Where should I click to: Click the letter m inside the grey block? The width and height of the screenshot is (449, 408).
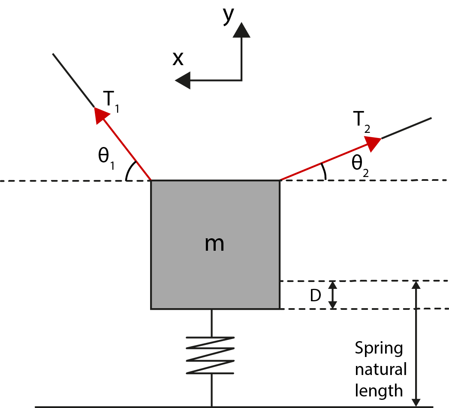(x=214, y=244)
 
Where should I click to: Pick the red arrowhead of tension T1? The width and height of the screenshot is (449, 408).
(x=101, y=115)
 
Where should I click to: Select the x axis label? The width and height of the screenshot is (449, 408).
(x=178, y=59)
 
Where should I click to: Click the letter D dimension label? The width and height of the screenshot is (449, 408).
(x=315, y=296)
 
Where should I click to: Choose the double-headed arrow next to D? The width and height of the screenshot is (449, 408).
(x=333, y=295)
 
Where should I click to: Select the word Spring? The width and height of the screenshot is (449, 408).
(x=379, y=348)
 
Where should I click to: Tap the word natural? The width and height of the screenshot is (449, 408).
(x=380, y=369)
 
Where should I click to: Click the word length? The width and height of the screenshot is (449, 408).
(x=379, y=390)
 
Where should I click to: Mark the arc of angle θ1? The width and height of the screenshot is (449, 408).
(x=130, y=171)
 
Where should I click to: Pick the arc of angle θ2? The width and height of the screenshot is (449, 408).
(x=324, y=172)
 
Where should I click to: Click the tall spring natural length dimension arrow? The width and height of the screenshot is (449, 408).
(x=416, y=343)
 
